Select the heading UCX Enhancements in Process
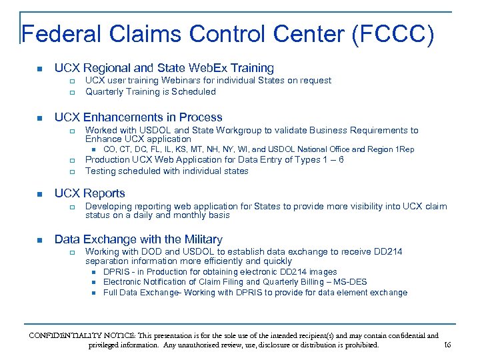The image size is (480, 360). tap(138, 117)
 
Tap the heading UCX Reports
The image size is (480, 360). tap(89, 193)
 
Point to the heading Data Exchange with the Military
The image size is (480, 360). tap(138, 239)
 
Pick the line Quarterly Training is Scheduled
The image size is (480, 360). tap(151, 92)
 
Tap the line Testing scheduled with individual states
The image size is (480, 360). tap(167, 171)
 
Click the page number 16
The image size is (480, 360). tap(447, 345)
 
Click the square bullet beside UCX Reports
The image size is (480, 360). tap(39, 194)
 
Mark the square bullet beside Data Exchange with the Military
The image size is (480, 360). tap(39, 240)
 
